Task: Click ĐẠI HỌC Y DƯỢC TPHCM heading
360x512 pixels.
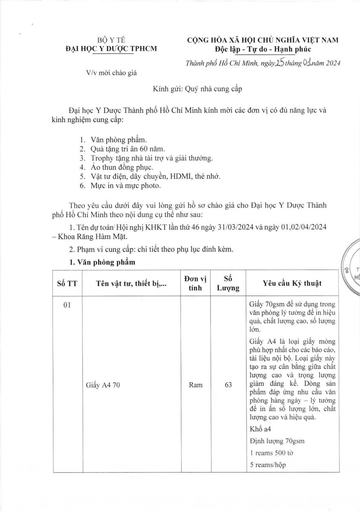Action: click(x=110, y=49)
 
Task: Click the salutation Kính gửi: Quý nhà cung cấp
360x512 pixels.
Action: click(x=197, y=90)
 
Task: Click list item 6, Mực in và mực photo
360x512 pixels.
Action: click(x=125, y=186)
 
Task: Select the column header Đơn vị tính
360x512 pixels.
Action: click(x=195, y=283)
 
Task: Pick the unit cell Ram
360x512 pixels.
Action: click(x=195, y=385)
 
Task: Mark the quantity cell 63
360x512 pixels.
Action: click(x=228, y=385)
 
